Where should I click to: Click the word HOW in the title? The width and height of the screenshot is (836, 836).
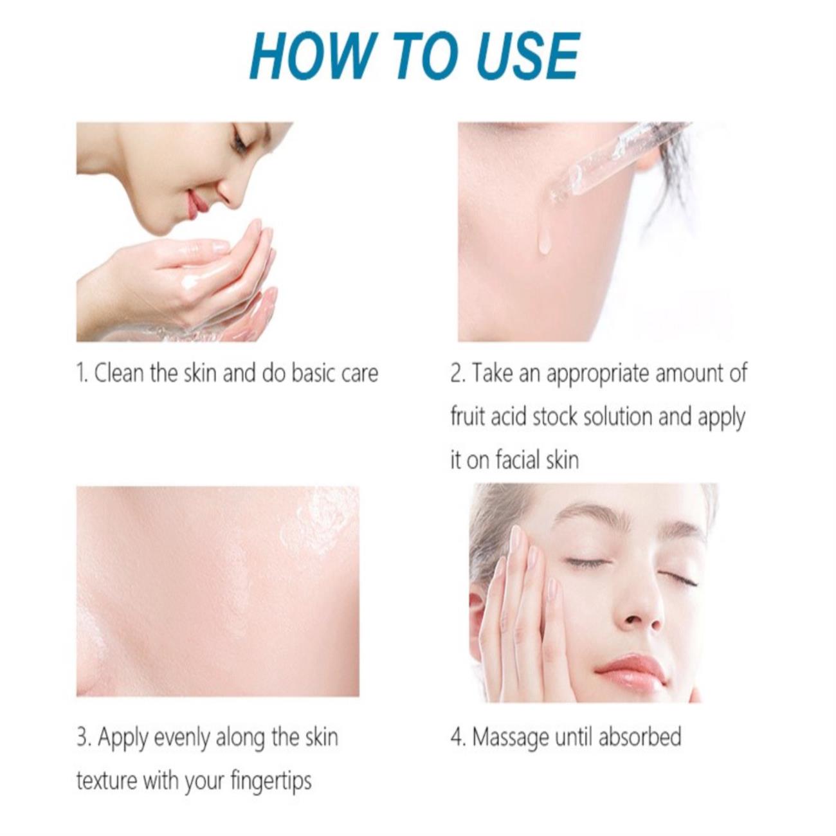311,57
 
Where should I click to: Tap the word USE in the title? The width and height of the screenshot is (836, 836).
528,57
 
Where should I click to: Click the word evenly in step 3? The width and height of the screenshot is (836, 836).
182,738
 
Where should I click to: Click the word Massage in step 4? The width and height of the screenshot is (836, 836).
510,738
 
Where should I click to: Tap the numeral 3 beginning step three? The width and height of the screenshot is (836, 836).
82,738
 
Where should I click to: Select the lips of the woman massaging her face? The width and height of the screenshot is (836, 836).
632,671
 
